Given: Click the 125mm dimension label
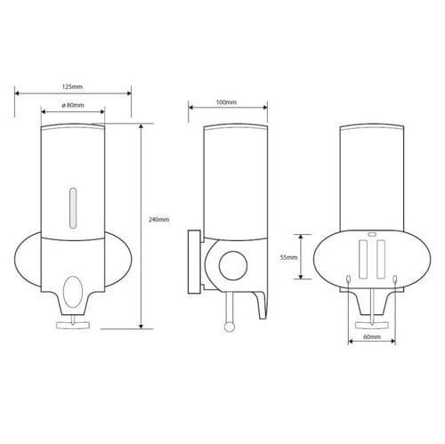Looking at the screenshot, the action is tap(72, 87).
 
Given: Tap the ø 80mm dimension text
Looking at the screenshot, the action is tap(73, 105).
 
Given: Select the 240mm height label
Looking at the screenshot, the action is tap(158, 220).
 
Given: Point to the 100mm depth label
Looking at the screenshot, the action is tap(226, 102).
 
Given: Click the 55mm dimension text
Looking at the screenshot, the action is tap(288, 258).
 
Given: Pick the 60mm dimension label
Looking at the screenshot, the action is tap(372, 337).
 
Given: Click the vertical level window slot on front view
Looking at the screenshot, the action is tap(73, 208).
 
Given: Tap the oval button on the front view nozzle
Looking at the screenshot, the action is tap(72, 292).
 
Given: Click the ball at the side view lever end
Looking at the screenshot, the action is tap(229, 327).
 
